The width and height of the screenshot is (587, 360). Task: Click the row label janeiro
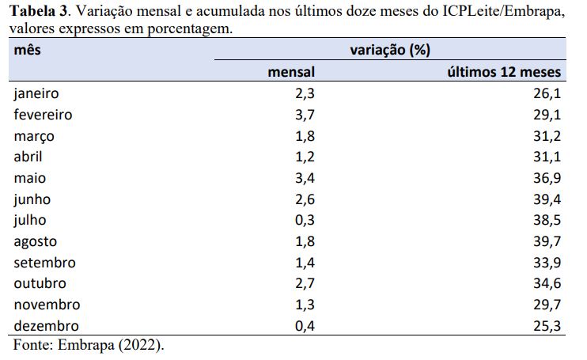pos(36,93)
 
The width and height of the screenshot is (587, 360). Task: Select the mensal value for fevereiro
pos(305,115)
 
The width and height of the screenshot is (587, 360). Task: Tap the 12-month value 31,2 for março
pos(547,136)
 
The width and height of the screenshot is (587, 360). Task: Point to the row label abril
pos(28,157)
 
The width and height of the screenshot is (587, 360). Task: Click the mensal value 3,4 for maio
pos(305,178)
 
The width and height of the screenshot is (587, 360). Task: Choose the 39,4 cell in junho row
pos(547,199)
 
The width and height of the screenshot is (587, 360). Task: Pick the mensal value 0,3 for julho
pos(305,220)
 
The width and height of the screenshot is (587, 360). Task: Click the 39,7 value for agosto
pos(547,241)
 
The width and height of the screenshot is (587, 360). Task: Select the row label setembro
pos(44,263)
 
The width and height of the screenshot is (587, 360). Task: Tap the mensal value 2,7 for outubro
pos(305,283)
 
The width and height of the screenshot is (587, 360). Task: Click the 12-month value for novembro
pos(547,305)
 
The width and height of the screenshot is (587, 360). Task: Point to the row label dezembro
pos(46,325)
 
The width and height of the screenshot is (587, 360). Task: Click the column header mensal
pos(291,72)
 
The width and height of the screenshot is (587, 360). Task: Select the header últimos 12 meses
pos(504,72)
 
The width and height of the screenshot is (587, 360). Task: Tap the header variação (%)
pos(390,50)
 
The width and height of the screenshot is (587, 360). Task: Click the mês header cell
pos(27,50)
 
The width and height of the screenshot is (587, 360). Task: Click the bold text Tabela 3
pos(38,12)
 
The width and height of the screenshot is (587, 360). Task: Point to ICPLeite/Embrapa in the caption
pos(502,12)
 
